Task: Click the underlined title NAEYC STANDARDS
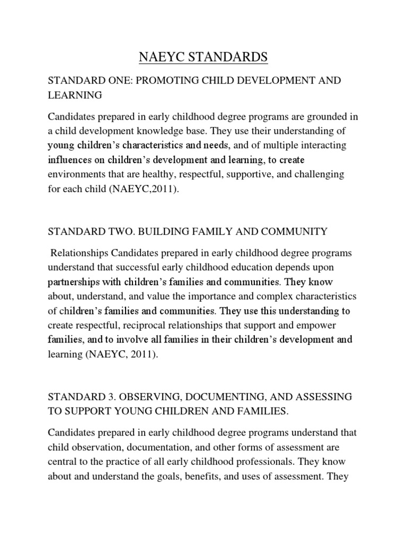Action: coord(203,56)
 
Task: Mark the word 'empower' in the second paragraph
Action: coord(313,324)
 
